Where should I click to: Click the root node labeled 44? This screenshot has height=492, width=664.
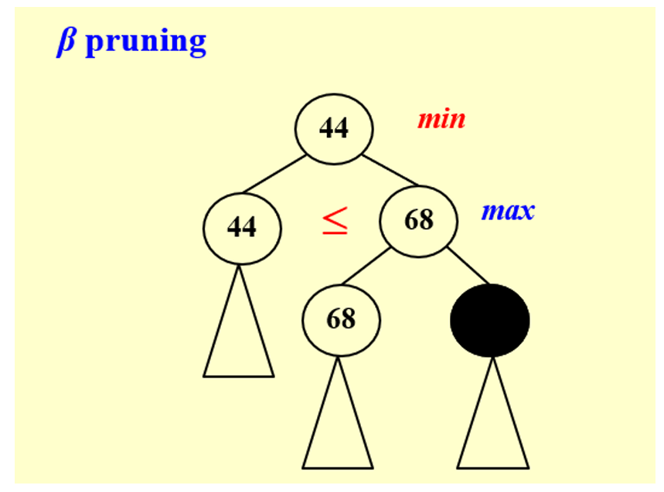334,128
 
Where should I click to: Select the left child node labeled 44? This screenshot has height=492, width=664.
242,227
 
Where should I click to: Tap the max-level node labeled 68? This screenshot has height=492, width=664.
418,221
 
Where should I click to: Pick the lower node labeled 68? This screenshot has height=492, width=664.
341,319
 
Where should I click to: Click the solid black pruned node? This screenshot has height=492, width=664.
490,321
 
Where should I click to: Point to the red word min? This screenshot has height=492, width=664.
441,120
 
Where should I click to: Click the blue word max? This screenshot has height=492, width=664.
507,210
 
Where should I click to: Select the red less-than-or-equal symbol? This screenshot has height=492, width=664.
335,222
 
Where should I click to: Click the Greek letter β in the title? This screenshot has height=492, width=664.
66,42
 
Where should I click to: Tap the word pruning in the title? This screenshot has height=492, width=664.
145,42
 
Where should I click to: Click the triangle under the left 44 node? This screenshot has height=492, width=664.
238,340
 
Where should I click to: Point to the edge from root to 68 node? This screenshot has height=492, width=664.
390,171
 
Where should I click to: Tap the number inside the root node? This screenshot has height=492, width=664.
334,128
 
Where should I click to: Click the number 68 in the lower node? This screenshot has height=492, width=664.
341,319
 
